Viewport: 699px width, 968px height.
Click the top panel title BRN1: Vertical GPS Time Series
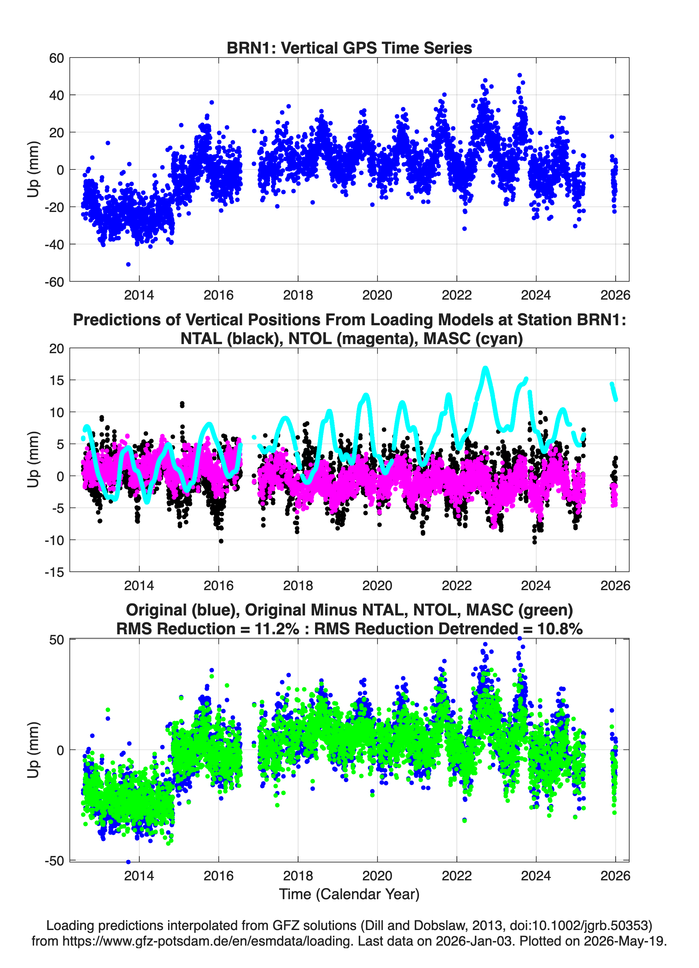[x=349, y=48]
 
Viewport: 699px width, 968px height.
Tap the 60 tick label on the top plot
[x=56, y=58]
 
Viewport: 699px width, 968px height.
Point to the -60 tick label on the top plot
[x=54, y=282]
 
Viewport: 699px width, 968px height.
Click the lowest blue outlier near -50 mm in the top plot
[x=129, y=265]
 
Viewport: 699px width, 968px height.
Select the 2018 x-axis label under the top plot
[x=298, y=295]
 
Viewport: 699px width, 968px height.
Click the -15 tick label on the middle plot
[x=54, y=572]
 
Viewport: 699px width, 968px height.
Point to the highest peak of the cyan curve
[x=485, y=368]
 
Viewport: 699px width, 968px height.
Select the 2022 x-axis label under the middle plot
[x=457, y=585]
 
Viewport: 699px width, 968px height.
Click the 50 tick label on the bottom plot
[x=56, y=640]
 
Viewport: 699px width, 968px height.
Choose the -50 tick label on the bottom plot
[x=54, y=861]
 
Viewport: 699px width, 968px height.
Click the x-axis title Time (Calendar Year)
[x=349, y=894]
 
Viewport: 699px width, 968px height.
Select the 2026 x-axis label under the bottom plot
[x=615, y=876]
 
